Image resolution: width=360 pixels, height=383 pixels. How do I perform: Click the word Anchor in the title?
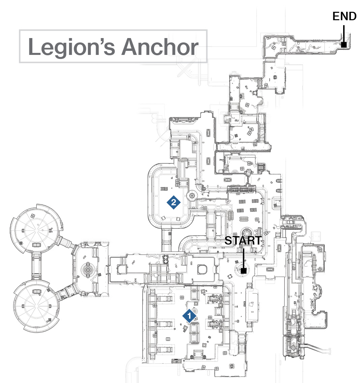160,46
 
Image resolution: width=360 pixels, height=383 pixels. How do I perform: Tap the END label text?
344,17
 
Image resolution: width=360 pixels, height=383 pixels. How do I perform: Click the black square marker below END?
343,45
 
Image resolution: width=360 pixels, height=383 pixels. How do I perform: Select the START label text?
243,241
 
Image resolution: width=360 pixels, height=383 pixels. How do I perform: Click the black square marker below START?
243,270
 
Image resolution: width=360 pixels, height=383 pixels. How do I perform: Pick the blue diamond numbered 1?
189,316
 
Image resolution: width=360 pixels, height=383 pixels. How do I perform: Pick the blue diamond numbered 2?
174,202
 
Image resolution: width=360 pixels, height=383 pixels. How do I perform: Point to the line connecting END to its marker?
343,33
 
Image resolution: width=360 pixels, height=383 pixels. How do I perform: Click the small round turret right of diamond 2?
192,195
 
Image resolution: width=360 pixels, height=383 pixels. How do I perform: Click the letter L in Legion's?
34,46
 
